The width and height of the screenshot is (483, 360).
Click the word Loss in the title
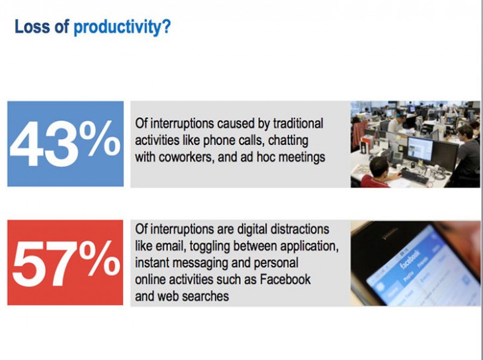[32, 26]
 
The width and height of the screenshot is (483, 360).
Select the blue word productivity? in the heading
[122, 28]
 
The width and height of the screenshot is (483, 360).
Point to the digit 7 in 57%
[61, 264]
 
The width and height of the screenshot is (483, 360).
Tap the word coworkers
[186, 157]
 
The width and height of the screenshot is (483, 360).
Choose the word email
[171, 246]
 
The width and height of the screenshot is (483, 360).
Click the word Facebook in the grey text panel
[285, 279]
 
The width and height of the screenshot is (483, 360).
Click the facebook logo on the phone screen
[410, 261]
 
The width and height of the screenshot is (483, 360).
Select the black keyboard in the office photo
[415, 177]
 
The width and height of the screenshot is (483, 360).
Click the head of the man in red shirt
[378, 166]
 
